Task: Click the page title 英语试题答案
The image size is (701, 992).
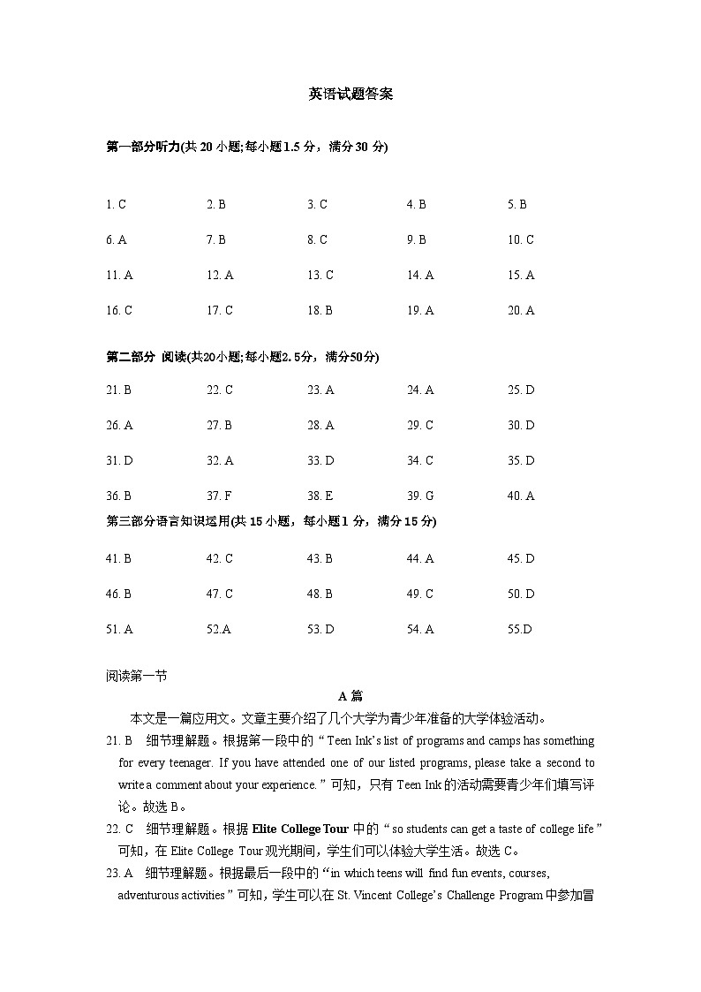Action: (350, 95)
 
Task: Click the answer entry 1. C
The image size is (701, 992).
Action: (116, 205)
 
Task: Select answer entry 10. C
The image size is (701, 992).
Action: (520, 240)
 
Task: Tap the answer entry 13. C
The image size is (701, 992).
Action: (320, 276)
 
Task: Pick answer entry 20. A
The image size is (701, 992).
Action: (520, 311)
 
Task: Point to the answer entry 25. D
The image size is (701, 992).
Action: (520, 390)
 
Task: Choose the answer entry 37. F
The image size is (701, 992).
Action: (219, 496)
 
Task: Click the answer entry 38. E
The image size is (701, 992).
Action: (320, 496)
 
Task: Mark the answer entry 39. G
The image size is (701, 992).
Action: (420, 496)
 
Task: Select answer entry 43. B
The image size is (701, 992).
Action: (320, 559)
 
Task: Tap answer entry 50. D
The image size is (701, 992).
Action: (520, 594)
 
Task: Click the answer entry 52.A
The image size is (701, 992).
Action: (218, 630)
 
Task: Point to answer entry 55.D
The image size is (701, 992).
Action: (519, 630)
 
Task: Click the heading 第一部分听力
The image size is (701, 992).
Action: (142, 147)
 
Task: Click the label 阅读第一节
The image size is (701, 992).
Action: (136, 677)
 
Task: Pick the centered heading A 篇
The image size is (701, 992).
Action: (350, 697)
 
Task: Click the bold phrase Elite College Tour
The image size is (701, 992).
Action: (300, 829)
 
